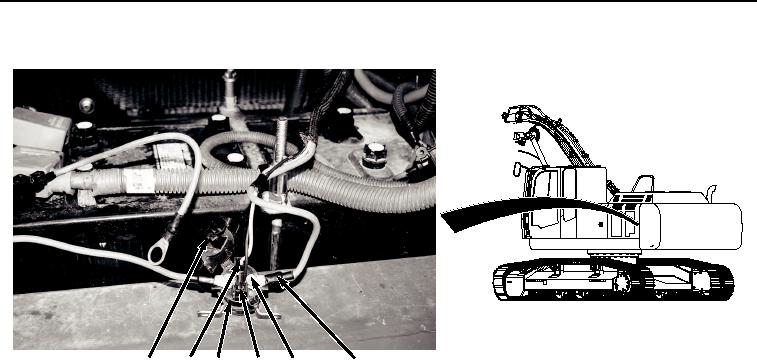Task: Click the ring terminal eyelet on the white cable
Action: pyautogui.click(x=157, y=255)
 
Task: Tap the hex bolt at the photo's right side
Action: pyautogui.click(x=377, y=157)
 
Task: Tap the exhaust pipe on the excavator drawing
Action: pyautogui.click(x=711, y=190)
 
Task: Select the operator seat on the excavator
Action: pyautogui.click(x=644, y=186)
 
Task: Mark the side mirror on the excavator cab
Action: pyautogui.click(x=516, y=167)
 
